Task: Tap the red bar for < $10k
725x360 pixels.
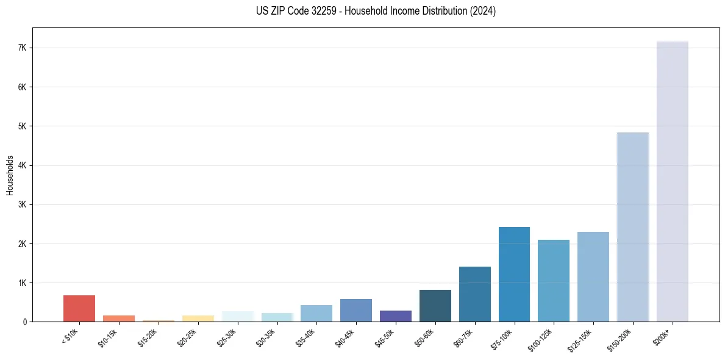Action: pyautogui.click(x=79, y=308)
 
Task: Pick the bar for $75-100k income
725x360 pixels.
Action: pyautogui.click(x=514, y=274)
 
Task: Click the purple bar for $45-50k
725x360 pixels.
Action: pyautogui.click(x=395, y=316)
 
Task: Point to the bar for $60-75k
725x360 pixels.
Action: pyautogui.click(x=474, y=294)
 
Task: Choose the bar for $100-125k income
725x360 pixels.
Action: pyautogui.click(x=554, y=281)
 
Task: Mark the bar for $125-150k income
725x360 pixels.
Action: pyautogui.click(x=593, y=276)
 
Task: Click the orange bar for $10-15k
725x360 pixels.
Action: pyautogui.click(x=118, y=319)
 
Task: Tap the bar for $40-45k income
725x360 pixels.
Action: pyautogui.click(x=355, y=310)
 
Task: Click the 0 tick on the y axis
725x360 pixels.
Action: pyautogui.click(x=26, y=322)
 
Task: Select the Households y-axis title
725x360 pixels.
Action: pyautogui.click(x=10, y=175)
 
